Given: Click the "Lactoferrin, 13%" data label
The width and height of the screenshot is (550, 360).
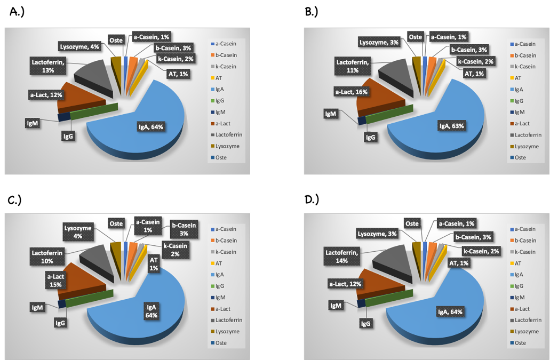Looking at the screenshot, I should click(x=47, y=67).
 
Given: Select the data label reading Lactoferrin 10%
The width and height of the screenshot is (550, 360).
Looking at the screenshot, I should click(x=48, y=256).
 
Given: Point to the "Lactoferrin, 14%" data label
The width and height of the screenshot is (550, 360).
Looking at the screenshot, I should click(x=342, y=255).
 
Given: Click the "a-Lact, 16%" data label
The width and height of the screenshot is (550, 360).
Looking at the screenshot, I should click(x=353, y=92).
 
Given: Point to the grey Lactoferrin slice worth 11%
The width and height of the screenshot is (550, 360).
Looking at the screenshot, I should click(x=397, y=75).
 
